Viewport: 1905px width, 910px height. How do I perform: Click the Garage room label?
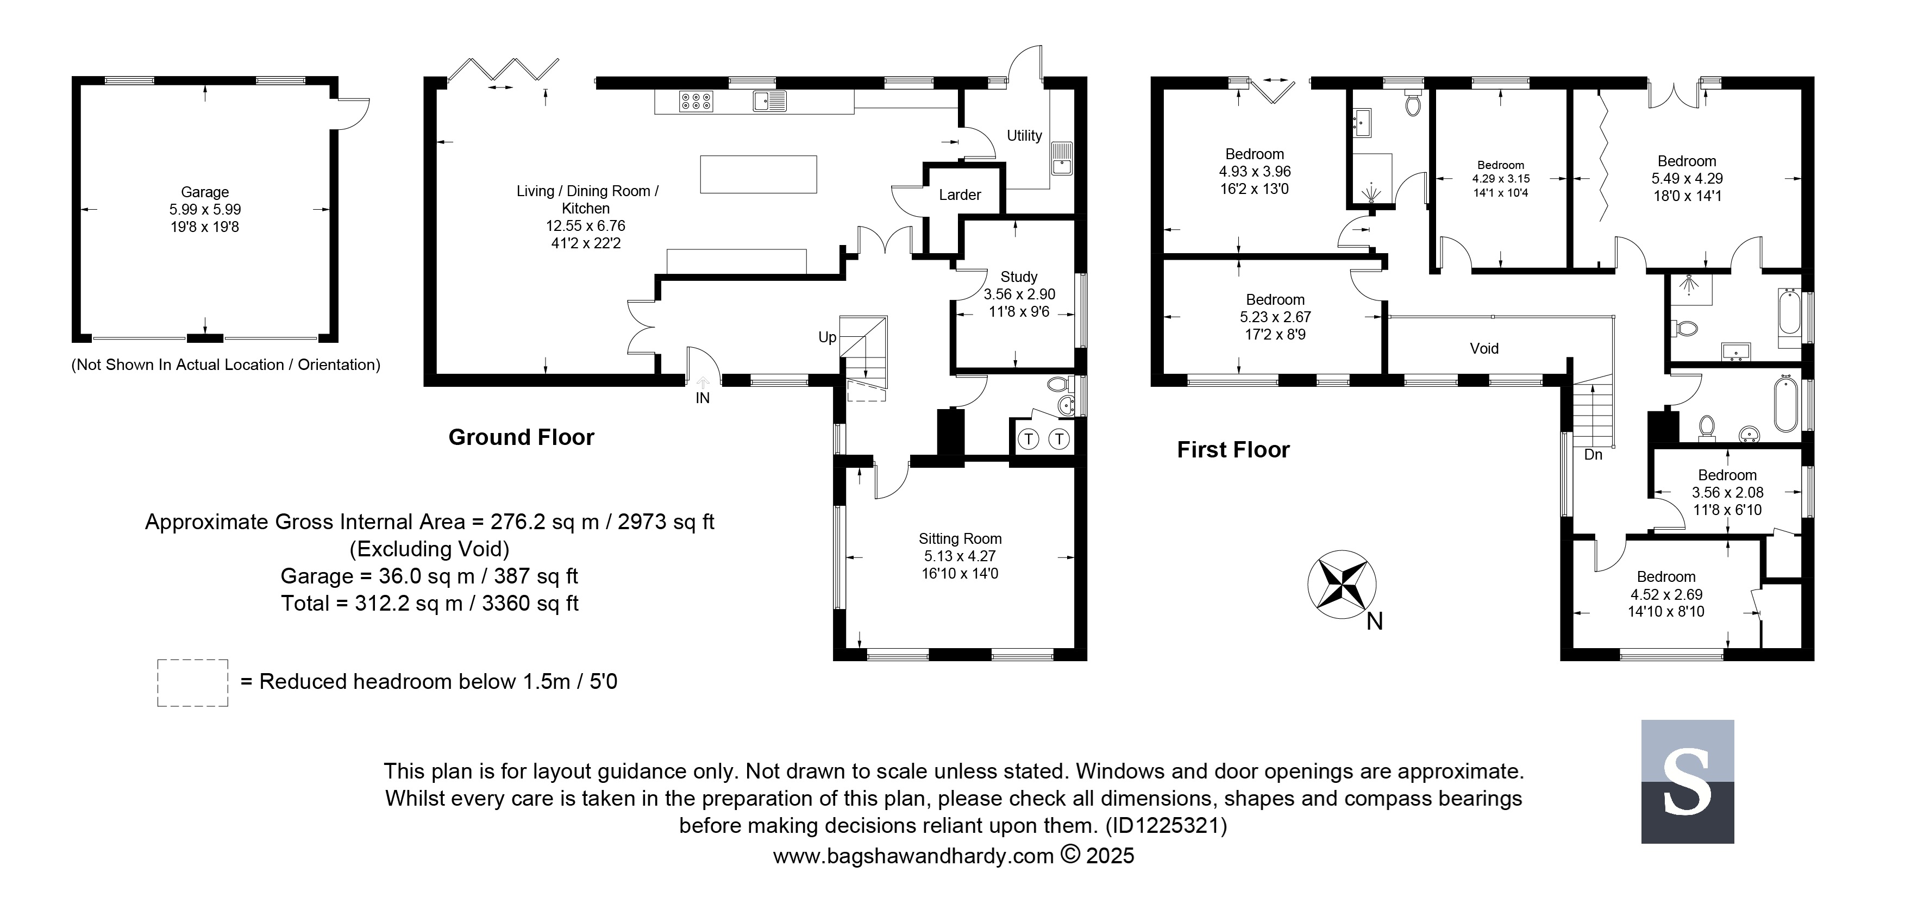[205, 192]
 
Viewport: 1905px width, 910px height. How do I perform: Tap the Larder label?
[960, 195]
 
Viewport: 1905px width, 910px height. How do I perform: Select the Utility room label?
[1024, 136]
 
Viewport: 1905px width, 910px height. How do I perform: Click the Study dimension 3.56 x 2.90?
[1019, 294]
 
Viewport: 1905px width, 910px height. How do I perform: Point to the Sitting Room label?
[960, 539]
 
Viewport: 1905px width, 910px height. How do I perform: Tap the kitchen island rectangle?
[758, 174]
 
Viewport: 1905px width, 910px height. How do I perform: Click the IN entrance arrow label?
[703, 398]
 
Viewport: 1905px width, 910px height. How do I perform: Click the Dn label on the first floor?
[1593, 455]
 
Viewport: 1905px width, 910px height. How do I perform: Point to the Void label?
[1484, 349]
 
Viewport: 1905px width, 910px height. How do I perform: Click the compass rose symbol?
[1342, 585]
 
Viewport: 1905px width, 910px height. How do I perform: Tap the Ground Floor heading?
[522, 438]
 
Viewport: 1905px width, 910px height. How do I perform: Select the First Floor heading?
[1233, 450]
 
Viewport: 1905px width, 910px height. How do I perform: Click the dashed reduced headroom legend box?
[192, 683]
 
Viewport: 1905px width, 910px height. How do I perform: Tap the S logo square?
[1688, 781]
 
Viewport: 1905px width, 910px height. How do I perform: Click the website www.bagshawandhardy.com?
[913, 856]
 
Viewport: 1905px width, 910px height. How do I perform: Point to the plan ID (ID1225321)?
[1166, 825]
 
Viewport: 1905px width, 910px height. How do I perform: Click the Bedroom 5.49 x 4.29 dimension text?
[1687, 179]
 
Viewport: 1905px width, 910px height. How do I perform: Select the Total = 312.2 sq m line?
[430, 603]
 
